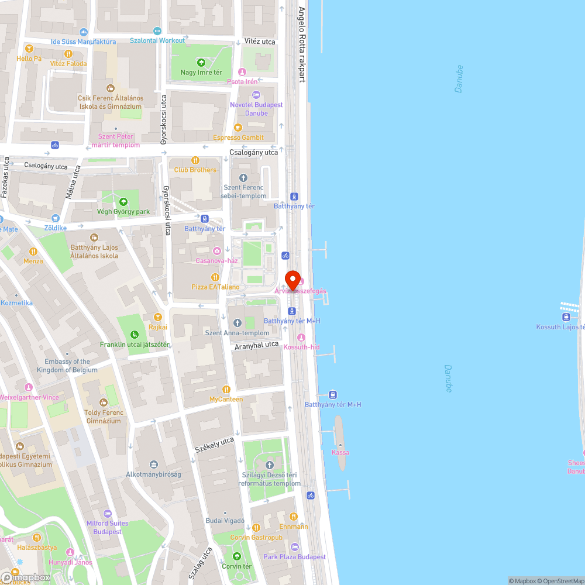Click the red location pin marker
tap(292, 280)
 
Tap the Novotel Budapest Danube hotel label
tap(256, 109)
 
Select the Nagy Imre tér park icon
tap(201, 62)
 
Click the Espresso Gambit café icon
tap(238, 128)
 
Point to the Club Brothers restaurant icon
tap(195, 160)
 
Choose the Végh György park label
tap(123, 212)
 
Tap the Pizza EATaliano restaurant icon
tap(215, 277)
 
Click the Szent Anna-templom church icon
tap(237, 322)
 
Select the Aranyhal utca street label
tap(256, 345)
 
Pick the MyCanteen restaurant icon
tap(226, 389)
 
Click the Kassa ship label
tap(340, 452)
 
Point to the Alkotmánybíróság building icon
tap(153, 464)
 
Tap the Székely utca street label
tap(214, 444)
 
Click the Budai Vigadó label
tap(225, 520)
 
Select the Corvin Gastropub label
tap(256, 537)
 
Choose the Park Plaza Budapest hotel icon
tap(294, 547)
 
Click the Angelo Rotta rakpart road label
tap(302, 44)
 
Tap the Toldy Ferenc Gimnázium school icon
tap(104, 402)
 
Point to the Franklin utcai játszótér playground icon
tap(135, 335)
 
